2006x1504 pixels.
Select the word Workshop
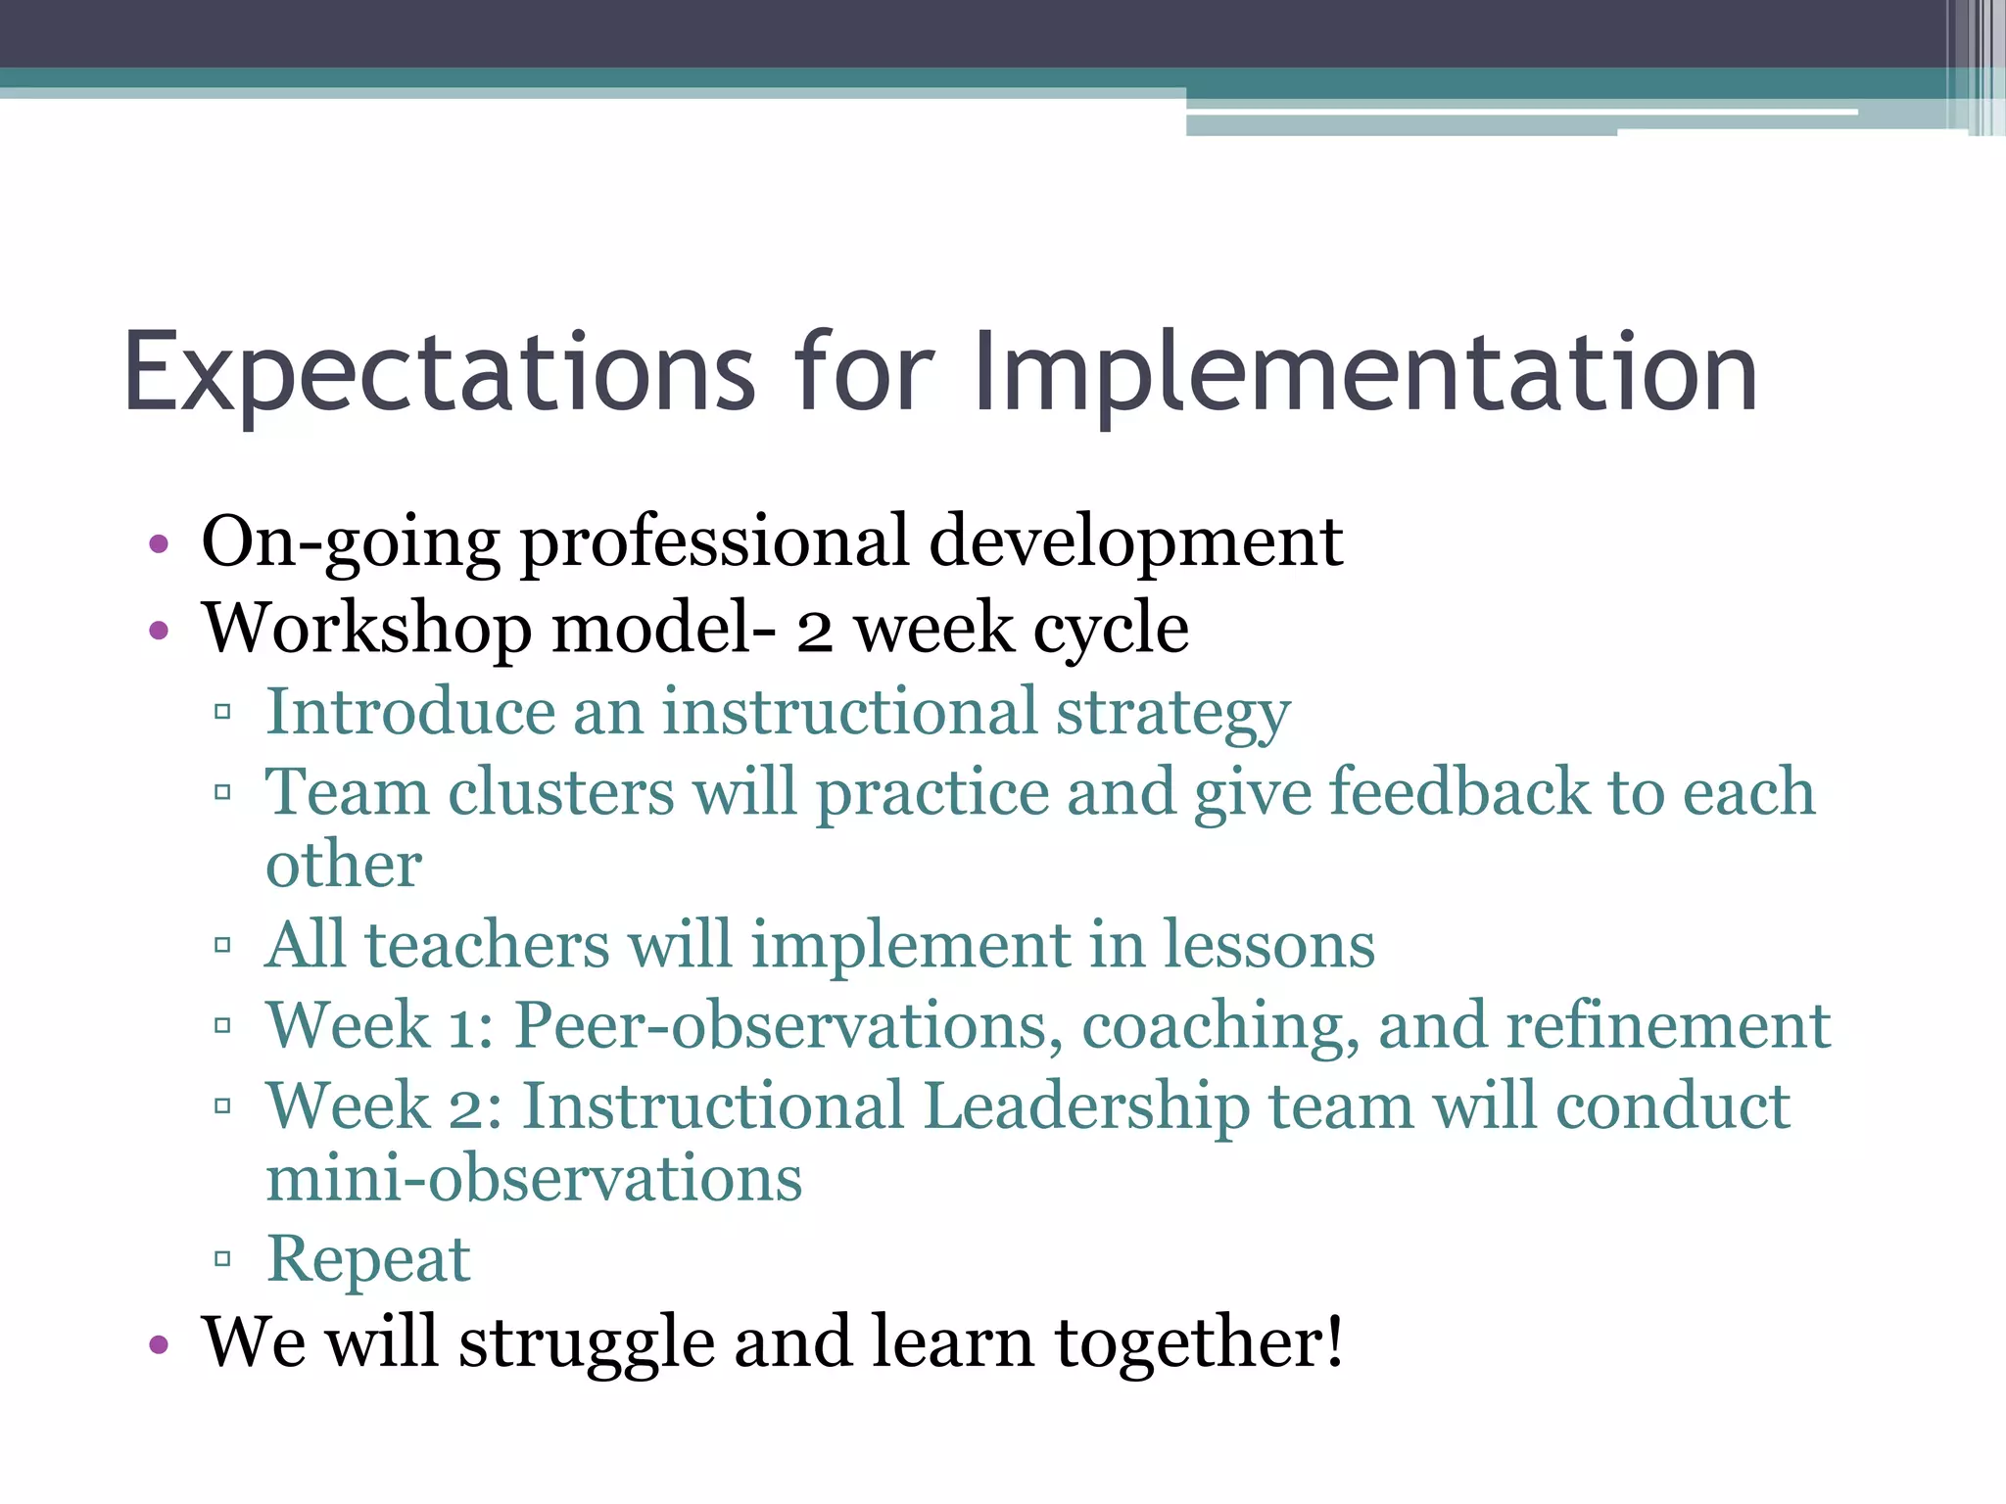pyautogui.click(x=366, y=629)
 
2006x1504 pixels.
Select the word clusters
pyautogui.click(x=560, y=792)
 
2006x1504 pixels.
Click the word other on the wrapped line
pyautogui.click(x=344, y=866)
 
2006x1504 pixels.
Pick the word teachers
pyautogui.click(x=487, y=946)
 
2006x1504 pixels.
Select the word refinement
pyautogui.click(x=1667, y=1027)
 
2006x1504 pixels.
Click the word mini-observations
pyautogui.click(x=534, y=1179)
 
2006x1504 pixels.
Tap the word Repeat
pyautogui.click(x=368, y=1260)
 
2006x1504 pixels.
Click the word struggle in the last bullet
pyautogui.click(x=587, y=1343)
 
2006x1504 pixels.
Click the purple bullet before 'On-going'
pyautogui.click(x=159, y=544)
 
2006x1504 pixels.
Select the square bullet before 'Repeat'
pyautogui.click(x=222, y=1258)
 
